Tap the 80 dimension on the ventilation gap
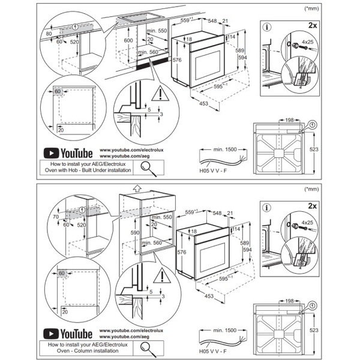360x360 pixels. coord(48,34)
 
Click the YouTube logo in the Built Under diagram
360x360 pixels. coord(67,153)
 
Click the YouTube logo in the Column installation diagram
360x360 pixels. coord(67,333)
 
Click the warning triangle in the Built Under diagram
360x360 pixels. coord(160,94)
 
